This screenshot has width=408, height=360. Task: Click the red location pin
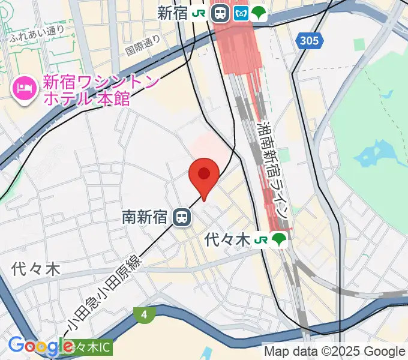click(x=204, y=176)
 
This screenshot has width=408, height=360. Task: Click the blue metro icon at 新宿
click(x=241, y=13)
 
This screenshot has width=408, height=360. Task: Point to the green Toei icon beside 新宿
click(x=259, y=13)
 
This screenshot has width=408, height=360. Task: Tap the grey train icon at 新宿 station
click(x=221, y=13)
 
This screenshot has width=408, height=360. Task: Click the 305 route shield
click(x=310, y=41)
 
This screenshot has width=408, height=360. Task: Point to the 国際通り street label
click(x=144, y=45)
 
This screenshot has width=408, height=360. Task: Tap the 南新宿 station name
click(x=145, y=217)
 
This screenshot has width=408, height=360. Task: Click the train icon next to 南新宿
click(x=181, y=217)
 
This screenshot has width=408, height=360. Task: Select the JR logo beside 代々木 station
click(x=260, y=240)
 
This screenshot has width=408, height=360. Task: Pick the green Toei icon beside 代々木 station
click(x=279, y=240)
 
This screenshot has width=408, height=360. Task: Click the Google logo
click(x=41, y=346)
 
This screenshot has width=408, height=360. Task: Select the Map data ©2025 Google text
click(x=335, y=351)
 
